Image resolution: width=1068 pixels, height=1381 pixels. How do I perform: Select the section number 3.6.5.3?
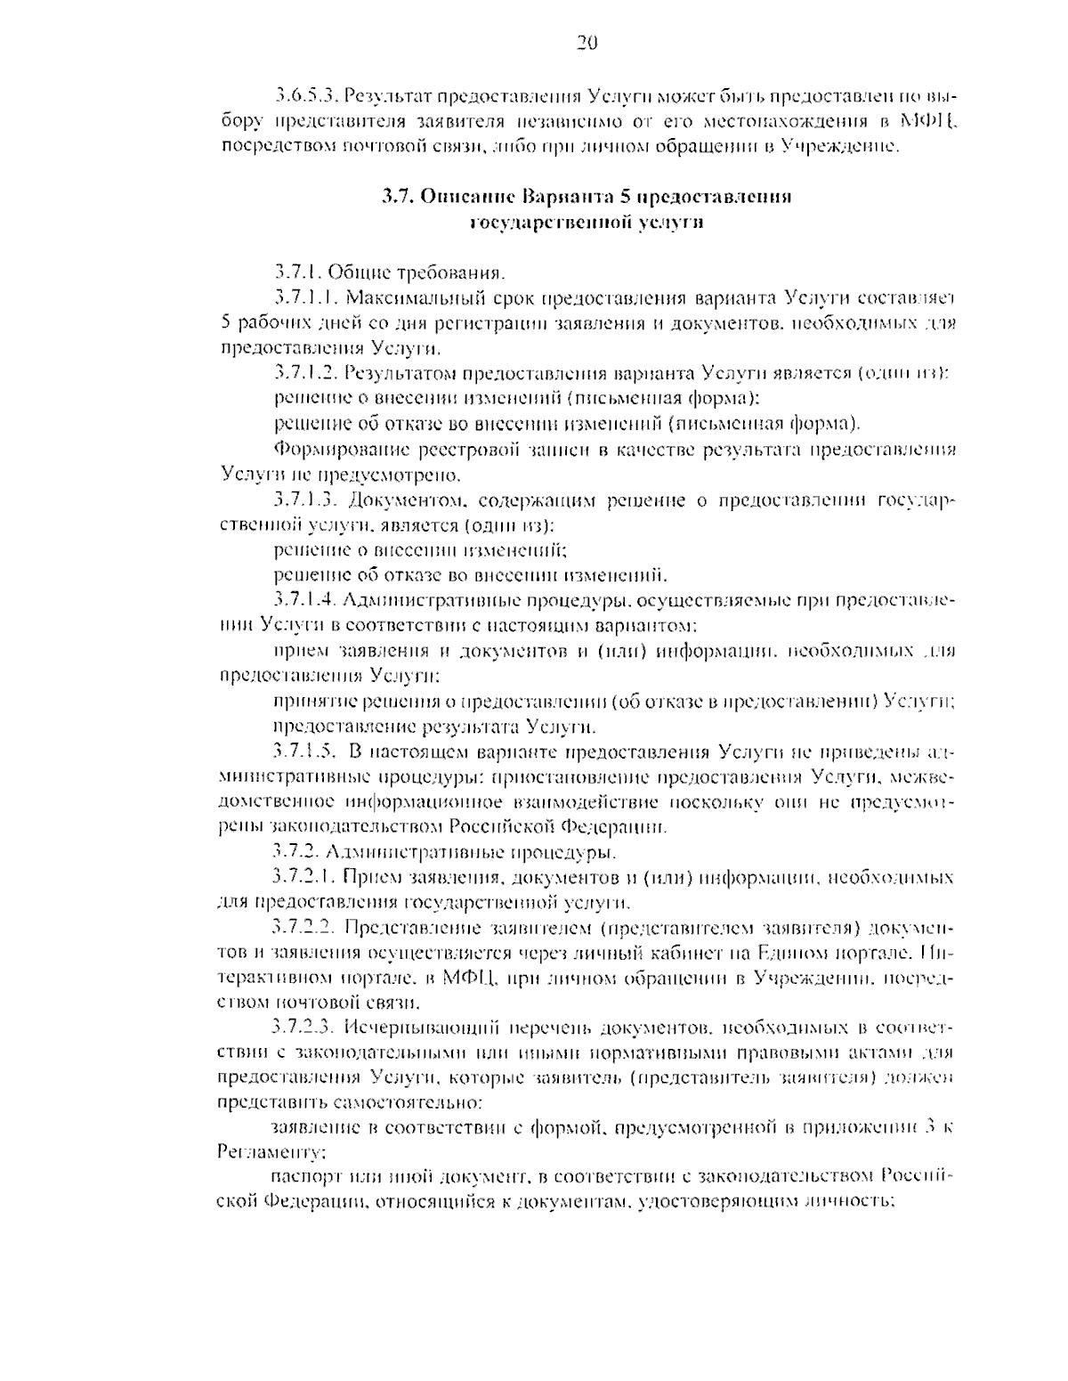tap(304, 94)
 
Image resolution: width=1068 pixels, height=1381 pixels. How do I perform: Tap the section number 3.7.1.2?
tap(304, 372)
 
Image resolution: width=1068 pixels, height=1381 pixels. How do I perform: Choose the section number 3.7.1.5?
tap(304, 752)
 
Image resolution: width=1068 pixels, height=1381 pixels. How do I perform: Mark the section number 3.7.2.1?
tap(304, 879)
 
